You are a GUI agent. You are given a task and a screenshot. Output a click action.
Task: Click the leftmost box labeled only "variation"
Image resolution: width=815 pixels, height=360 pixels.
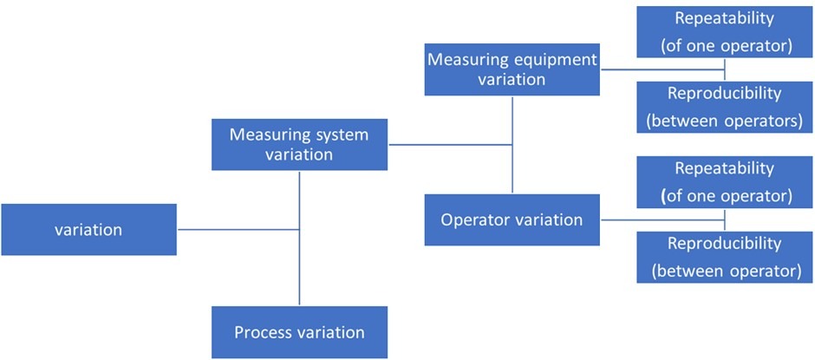pos(88,230)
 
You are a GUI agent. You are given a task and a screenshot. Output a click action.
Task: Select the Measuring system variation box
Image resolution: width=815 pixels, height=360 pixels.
pos(299,145)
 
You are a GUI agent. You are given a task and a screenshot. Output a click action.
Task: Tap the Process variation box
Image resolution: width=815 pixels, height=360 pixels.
pos(299,332)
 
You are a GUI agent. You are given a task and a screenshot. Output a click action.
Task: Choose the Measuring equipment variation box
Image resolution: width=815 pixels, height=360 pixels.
pos(512,70)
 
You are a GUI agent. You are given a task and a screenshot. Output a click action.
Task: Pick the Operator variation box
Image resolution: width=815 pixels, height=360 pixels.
pos(512,219)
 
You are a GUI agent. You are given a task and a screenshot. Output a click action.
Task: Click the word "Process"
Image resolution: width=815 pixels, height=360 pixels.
pos(261,332)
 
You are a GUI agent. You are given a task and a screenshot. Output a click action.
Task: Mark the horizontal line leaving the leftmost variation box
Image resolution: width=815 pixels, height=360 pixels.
pos(238,230)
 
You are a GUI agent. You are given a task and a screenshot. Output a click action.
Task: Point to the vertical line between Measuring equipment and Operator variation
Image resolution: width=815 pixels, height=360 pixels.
pos(512,165)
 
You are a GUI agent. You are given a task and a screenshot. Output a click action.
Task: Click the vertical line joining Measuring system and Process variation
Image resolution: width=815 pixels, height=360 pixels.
pos(299,260)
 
